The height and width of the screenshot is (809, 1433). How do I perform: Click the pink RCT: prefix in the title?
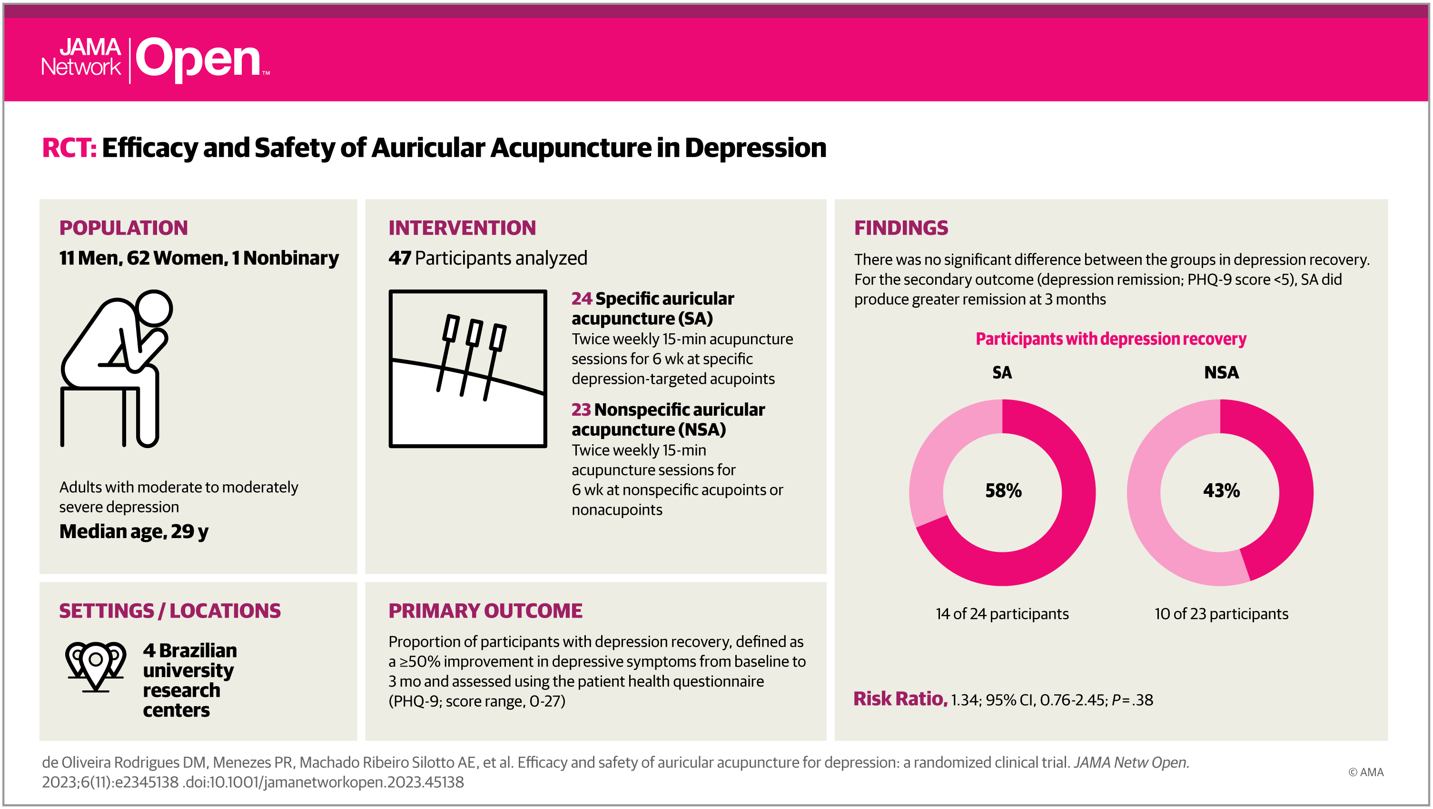pos(69,148)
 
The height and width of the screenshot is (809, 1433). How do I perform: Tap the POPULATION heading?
pos(123,228)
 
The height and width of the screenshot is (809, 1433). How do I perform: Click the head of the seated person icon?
pos(154,308)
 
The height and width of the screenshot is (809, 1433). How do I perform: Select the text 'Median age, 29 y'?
pos(134,531)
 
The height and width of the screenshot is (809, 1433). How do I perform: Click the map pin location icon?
pos(96,666)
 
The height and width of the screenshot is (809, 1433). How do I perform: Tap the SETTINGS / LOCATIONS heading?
pos(170,611)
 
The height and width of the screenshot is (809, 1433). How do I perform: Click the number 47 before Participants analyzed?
pos(399,258)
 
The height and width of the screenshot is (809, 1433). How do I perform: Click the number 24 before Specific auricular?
pos(581,299)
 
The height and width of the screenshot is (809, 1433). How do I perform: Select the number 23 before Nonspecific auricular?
pos(581,410)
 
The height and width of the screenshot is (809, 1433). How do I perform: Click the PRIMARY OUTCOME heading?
pos(485,611)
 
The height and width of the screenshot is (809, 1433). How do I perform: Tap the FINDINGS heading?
pos(900,228)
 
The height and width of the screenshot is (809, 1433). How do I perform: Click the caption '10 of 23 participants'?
pos(1221,614)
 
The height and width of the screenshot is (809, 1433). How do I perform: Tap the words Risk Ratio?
pos(899,699)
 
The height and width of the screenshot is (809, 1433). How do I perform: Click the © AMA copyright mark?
pos(1366,772)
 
